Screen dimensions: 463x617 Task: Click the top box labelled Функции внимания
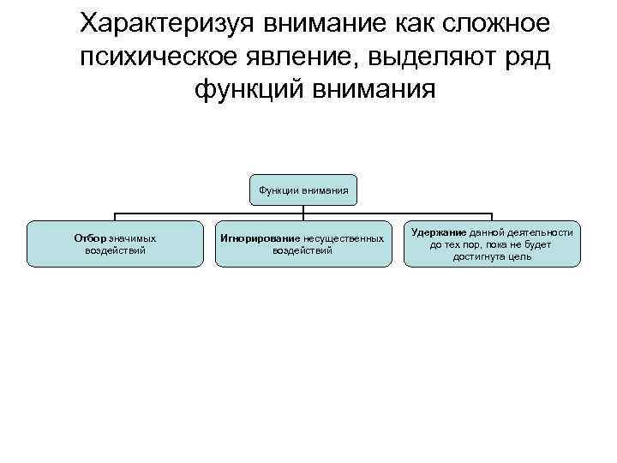(303, 189)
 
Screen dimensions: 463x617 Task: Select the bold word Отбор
(90, 238)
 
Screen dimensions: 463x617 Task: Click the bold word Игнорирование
(260, 238)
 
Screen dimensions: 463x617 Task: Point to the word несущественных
(343, 238)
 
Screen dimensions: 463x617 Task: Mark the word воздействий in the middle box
(303, 250)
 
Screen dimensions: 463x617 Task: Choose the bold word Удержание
(439, 231)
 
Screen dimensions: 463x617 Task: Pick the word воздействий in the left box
(116, 250)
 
